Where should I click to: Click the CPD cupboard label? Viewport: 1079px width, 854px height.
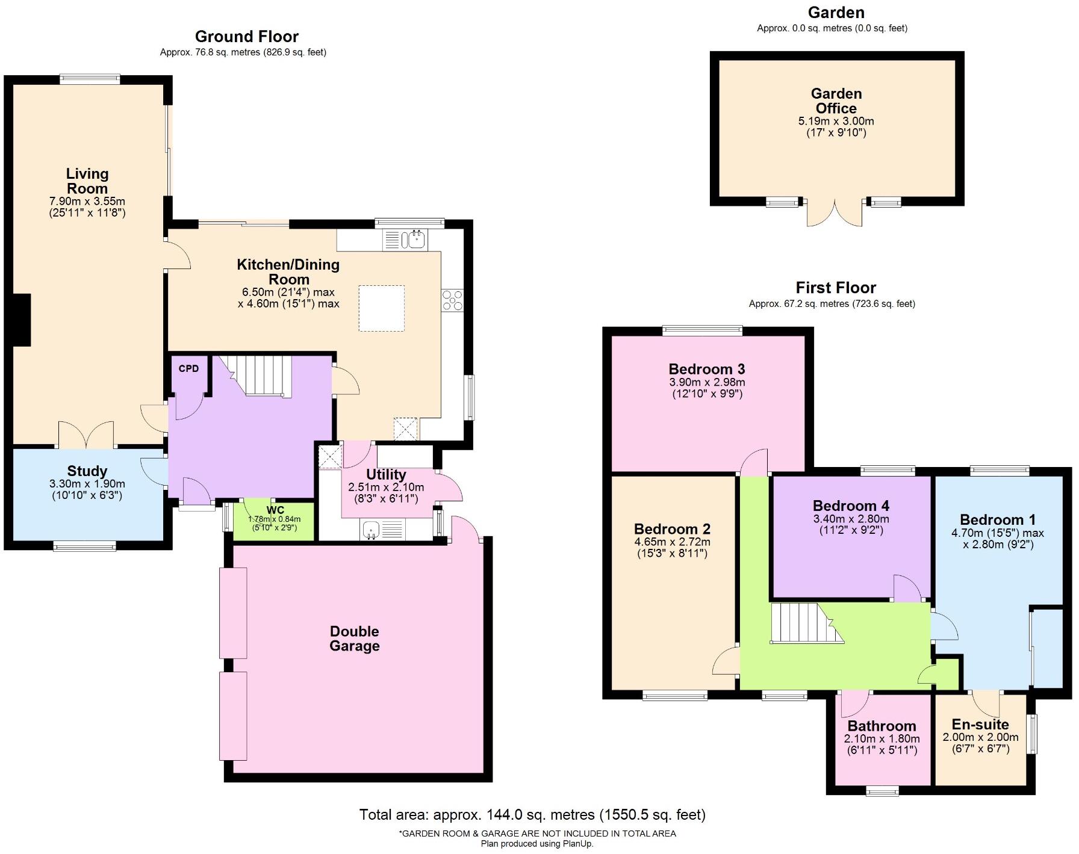[188, 368]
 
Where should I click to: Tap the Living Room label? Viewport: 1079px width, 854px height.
[87, 181]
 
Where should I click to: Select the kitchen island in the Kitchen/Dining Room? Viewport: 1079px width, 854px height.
[381, 308]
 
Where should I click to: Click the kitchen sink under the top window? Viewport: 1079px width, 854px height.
[415, 240]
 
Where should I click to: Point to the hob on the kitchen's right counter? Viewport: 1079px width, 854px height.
[452, 300]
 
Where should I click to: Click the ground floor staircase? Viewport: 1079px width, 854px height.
[261, 375]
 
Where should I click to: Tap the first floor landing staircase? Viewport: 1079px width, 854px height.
[801, 623]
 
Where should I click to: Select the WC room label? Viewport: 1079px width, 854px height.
[275, 510]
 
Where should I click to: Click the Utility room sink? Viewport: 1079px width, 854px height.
[372, 530]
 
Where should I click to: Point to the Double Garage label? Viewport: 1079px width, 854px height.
[355, 639]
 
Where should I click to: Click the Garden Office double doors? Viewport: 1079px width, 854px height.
[835, 213]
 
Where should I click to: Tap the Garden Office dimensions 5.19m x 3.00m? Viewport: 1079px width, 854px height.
[836, 121]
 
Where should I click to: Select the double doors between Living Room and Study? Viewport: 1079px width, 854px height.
[86, 436]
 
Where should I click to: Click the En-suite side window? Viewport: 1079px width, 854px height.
[1032, 734]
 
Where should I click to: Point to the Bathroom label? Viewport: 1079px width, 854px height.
[882, 726]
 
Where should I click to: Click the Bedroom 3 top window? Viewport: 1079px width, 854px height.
[702, 329]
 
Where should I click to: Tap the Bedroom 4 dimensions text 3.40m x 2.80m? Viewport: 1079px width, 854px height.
[851, 519]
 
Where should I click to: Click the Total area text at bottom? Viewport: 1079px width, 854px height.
[532, 815]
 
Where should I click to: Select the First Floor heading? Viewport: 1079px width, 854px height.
[836, 288]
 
